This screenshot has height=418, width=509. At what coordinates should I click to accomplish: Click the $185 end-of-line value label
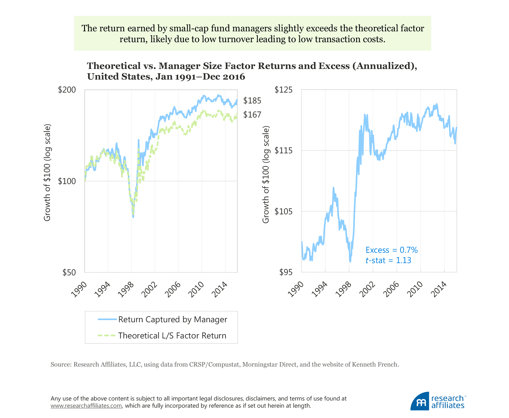[252, 101]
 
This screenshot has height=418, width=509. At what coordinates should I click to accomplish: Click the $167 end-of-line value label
[252, 115]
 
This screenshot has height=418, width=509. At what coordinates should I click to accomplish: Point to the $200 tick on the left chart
[67, 90]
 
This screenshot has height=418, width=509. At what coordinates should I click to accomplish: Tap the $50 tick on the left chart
[69, 272]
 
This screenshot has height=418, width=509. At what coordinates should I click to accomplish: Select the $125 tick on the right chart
[283, 90]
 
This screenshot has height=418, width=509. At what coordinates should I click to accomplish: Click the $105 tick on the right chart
[283, 211]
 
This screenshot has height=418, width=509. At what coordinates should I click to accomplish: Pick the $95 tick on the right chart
[286, 272]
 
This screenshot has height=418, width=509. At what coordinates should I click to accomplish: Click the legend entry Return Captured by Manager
[173, 319]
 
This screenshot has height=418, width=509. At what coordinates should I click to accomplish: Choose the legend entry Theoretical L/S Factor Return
[172, 336]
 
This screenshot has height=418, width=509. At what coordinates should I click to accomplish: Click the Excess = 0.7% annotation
[392, 250]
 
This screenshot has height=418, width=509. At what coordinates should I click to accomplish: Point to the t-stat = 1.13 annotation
[388, 260]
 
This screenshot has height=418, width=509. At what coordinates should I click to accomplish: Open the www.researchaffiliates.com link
[86, 406]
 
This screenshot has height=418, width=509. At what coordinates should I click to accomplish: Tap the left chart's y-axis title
[47, 172]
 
